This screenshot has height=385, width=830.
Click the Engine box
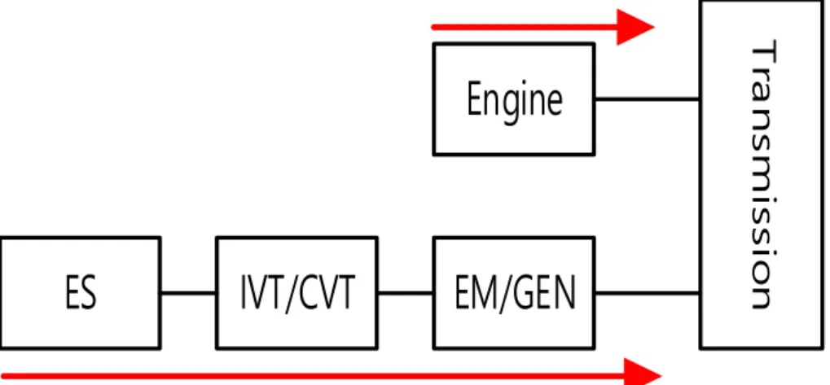click(x=513, y=98)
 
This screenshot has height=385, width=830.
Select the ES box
click(x=80, y=293)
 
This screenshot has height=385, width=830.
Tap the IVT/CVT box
click(x=297, y=293)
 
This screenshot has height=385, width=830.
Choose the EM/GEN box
click(x=513, y=293)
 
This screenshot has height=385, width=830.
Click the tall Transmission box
click(x=762, y=174)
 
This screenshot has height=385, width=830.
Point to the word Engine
click(x=514, y=100)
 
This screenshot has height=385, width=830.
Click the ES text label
click(x=81, y=293)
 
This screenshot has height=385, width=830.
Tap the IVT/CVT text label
click(x=297, y=293)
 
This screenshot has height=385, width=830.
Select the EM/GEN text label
click(x=515, y=293)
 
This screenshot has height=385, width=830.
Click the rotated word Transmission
click(x=762, y=174)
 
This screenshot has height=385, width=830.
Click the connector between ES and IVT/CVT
click(x=188, y=293)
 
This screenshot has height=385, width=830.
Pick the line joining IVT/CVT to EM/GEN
click(x=406, y=293)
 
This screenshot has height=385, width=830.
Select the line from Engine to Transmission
click(x=648, y=98)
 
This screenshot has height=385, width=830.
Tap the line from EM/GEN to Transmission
click(x=648, y=293)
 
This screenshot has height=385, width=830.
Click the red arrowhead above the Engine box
click(x=635, y=27)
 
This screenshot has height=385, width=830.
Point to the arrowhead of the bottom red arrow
click(x=642, y=375)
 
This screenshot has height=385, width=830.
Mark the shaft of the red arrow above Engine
click(x=525, y=27)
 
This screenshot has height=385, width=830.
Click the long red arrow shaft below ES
click(x=312, y=377)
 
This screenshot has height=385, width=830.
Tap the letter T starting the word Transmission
click(x=762, y=52)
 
